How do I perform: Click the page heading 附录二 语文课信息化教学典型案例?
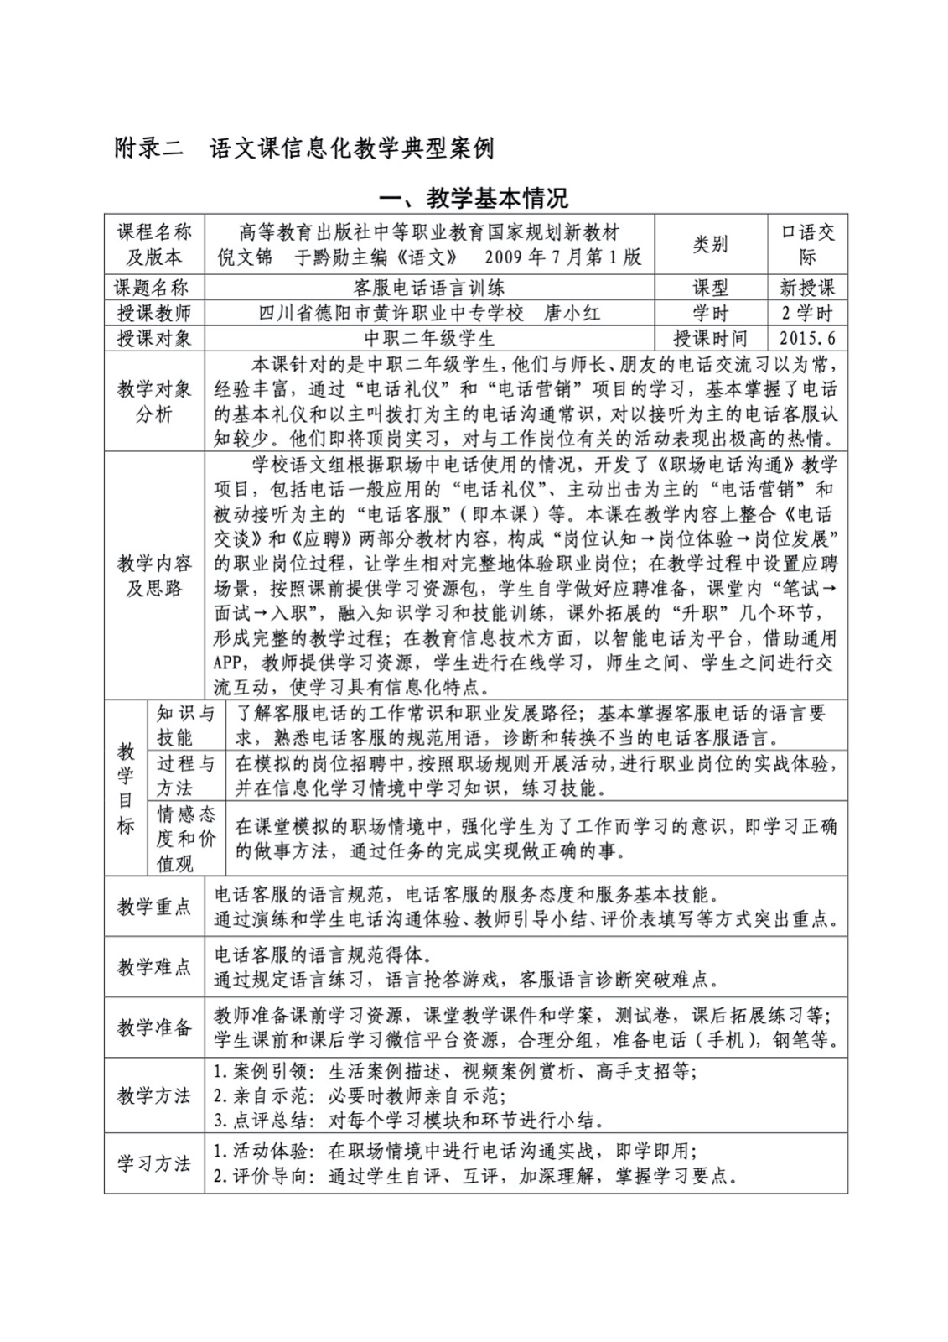click(x=303, y=148)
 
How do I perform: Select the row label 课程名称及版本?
click(x=154, y=244)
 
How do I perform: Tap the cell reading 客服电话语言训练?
click(x=428, y=288)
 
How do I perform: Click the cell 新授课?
click(x=807, y=288)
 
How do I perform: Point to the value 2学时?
click(x=807, y=314)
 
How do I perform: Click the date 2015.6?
click(x=807, y=339)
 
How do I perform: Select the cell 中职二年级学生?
click(x=428, y=339)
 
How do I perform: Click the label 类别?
click(x=710, y=244)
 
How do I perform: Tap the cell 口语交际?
click(x=807, y=244)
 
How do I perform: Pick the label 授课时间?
click(x=710, y=339)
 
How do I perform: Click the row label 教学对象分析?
click(x=154, y=402)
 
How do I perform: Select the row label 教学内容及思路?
click(x=154, y=575)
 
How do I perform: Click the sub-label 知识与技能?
click(x=186, y=726)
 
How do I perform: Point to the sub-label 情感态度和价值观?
click(x=186, y=839)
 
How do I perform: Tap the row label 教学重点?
click(x=154, y=907)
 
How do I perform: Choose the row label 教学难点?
click(x=154, y=967)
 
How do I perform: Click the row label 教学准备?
click(x=154, y=1027)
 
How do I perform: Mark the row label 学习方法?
click(x=154, y=1163)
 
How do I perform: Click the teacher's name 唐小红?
click(x=572, y=314)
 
